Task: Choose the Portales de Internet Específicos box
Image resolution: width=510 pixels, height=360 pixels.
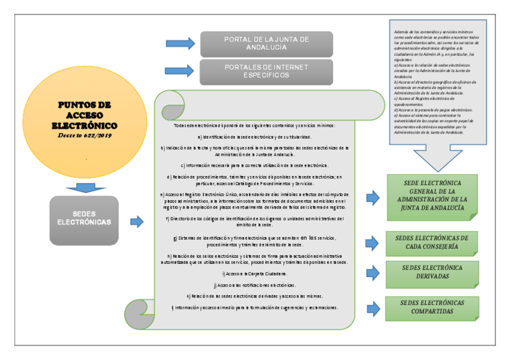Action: [266, 72]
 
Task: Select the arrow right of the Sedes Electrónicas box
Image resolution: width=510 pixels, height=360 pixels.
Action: [138, 222]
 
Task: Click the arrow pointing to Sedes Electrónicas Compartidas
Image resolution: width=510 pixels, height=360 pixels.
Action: [373, 307]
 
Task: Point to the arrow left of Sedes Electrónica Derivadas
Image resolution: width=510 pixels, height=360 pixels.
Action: [373, 274]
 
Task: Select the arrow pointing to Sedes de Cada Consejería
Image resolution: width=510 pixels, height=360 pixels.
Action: [373, 242]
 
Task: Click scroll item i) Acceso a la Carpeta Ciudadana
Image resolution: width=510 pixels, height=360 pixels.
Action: [255, 273]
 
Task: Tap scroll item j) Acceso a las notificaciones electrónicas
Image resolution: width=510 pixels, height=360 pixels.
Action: [255, 285]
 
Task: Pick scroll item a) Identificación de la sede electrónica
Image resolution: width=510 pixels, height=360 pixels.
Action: [255, 138]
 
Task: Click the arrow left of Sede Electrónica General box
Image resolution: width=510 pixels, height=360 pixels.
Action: [373, 197]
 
